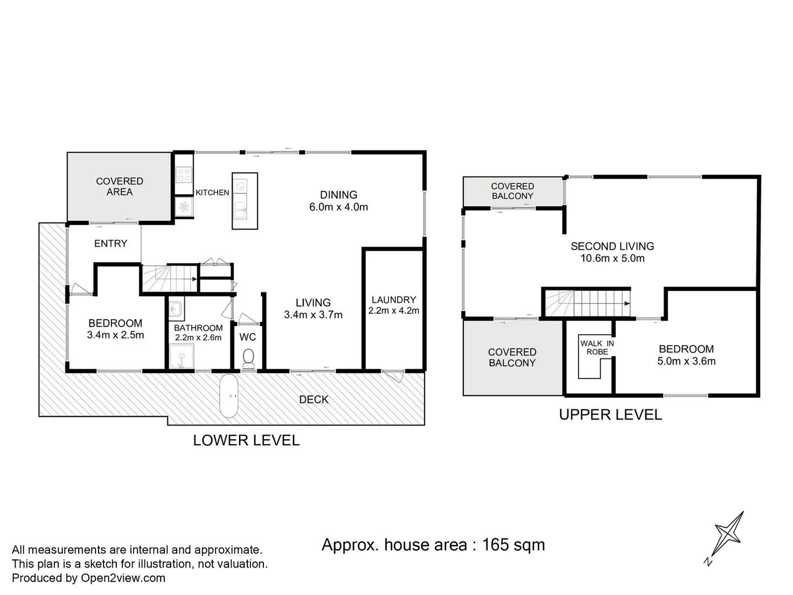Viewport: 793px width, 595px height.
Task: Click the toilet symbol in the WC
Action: click(248, 358)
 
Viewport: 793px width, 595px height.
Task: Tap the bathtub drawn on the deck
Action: click(228, 396)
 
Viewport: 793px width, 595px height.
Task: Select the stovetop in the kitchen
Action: click(184, 175)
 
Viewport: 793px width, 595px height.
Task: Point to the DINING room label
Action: click(338, 195)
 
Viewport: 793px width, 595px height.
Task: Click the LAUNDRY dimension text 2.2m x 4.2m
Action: click(394, 310)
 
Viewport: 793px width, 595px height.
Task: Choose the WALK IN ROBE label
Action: click(597, 348)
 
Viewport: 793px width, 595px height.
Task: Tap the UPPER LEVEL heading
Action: click(610, 415)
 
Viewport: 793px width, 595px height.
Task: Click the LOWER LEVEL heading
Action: click(246, 440)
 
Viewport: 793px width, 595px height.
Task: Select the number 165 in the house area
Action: click(496, 545)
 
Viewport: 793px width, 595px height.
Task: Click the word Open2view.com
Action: click(123, 578)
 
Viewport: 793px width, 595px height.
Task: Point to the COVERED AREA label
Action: click(120, 186)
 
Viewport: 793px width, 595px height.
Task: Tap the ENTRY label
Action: click(110, 244)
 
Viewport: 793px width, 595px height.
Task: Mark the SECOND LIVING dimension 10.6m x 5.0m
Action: click(613, 258)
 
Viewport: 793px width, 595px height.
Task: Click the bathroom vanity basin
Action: click(176, 308)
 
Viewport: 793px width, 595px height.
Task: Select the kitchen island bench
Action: click(245, 201)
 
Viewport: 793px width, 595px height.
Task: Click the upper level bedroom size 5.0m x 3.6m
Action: click(686, 361)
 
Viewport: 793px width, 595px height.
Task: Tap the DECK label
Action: click(314, 399)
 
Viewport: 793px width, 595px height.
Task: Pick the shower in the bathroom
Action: click(182, 356)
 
